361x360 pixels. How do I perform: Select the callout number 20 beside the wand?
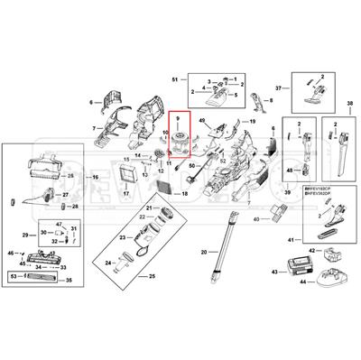(204, 252)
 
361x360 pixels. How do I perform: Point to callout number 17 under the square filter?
(127, 194)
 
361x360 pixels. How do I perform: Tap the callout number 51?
(174, 81)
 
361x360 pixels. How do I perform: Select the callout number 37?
(279, 88)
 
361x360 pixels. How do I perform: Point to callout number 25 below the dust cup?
(153, 275)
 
